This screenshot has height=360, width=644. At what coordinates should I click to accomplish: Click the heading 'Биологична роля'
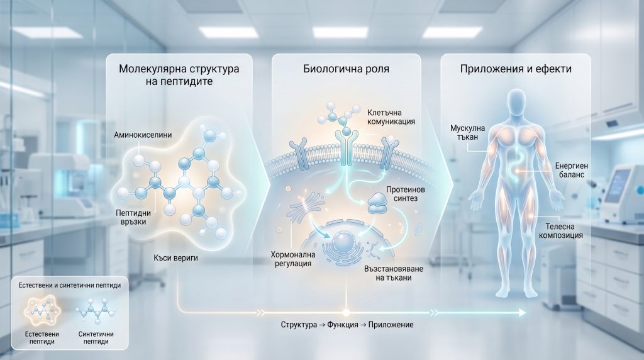[x=347, y=69]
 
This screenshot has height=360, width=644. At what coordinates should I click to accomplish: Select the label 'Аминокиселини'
[x=143, y=135]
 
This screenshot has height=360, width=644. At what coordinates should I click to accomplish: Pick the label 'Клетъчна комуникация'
[x=390, y=116]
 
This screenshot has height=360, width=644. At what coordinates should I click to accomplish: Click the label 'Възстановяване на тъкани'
[x=388, y=273]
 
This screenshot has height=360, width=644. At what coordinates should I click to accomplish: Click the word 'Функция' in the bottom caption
[x=345, y=326]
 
